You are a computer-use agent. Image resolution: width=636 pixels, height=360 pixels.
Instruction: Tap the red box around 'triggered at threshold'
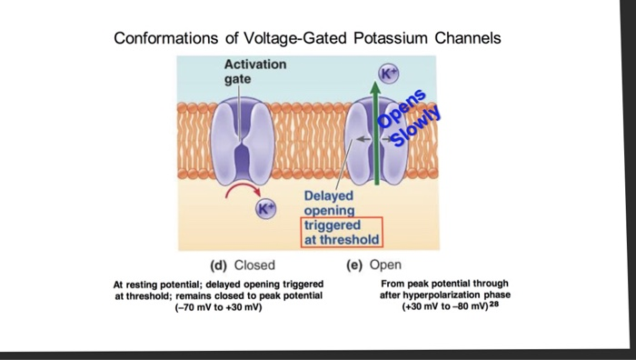point(342,232)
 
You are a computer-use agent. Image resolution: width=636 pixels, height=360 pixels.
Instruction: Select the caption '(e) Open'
point(367,266)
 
